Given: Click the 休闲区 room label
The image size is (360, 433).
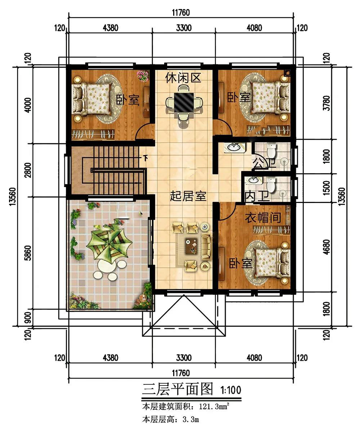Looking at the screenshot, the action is coord(183,78).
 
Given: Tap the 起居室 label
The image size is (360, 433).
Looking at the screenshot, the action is coord(188,196).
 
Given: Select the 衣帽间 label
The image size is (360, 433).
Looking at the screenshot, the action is coord(263,217).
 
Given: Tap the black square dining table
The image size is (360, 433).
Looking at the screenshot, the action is coord(184,103).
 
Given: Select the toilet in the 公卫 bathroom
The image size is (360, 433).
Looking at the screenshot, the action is coord(271,150).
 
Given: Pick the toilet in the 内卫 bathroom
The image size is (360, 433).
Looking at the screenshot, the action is coord(271,184).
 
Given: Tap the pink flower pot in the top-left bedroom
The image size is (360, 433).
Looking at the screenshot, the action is coord(143,75).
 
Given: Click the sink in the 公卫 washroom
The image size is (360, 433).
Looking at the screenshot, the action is coord(234,148).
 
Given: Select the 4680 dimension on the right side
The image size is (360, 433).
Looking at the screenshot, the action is coord(327,247).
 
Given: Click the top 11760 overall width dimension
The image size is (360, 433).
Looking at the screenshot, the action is coord(181,13).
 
